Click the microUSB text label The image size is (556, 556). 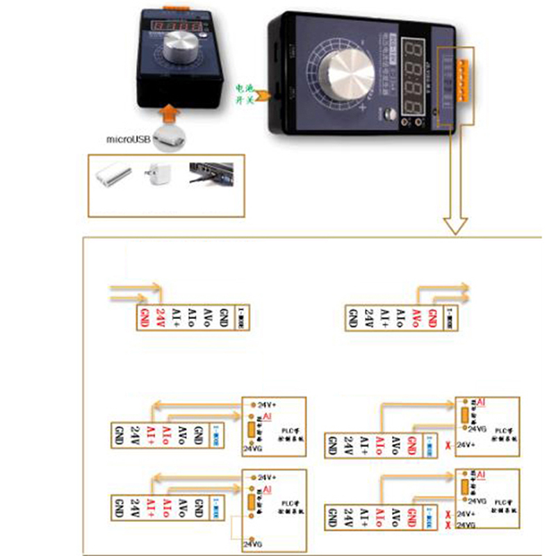[128, 139]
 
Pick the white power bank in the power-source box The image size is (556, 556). [114, 176]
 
